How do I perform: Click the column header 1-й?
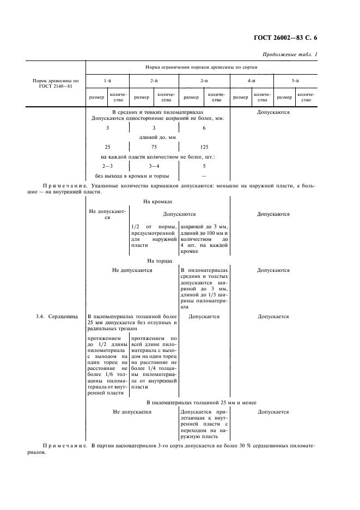(x=107, y=81)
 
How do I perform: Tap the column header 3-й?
(x=204, y=81)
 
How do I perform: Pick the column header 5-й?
(x=295, y=81)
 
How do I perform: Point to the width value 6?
(x=204, y=127)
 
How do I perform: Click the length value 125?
(x=204, y=147)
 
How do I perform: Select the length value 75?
(x=154, y=147)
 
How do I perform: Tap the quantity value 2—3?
(x=107, y=166)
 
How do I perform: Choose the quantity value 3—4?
(x=154, y=166)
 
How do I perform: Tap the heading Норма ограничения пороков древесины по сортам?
(x=201, y=67)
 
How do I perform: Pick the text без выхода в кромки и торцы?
(x=132, y=176)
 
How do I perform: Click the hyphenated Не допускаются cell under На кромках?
(x=107, y=214)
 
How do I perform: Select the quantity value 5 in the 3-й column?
(x=204, y=166)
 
